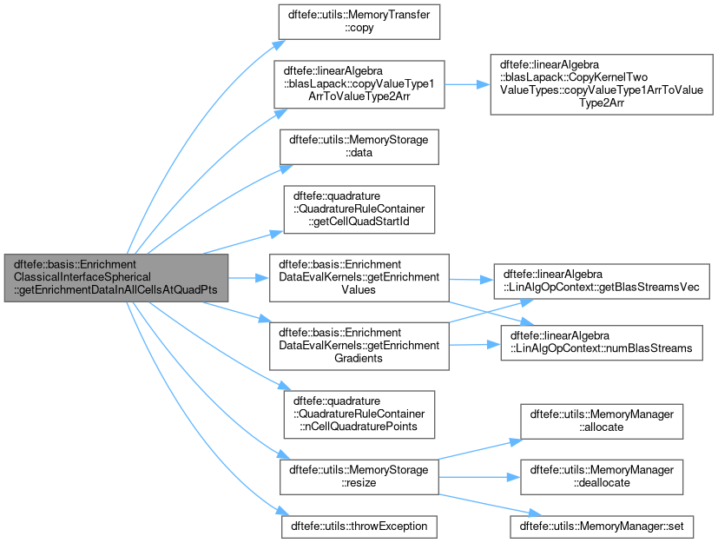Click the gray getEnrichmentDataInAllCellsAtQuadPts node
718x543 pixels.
(x=116, y=278)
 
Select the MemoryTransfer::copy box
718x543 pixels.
(x=359, y=22)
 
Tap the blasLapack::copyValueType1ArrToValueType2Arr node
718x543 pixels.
(x=359, y=84)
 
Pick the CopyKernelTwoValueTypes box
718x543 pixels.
(x=602, y=84)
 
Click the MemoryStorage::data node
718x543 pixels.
(x=359, y=147)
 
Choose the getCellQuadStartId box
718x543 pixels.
(x=359, y=209)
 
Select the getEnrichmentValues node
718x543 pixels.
(x=359, y=278)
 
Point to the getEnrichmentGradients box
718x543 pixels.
(x=359, y=346)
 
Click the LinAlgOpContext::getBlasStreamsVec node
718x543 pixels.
(x=602, y=281)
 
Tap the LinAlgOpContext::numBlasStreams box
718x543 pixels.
(x=602, y=343)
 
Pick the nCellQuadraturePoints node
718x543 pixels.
(x=359, y=414)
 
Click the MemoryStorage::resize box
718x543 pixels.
(x=359, y=477)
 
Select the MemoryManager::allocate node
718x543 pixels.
(x=602, y=421)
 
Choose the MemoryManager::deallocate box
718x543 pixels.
(x=602, y=477)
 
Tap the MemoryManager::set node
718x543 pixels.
(x=602, y=526)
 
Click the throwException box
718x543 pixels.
(x=359, y=526)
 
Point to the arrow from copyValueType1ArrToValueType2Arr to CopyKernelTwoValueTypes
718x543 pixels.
(x=467, y=84)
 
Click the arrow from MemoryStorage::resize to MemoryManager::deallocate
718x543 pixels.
(x=479, y=477)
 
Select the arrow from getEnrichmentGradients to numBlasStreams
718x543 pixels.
(x=475, y=345)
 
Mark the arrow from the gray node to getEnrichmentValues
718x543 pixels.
(x=248, y=278)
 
